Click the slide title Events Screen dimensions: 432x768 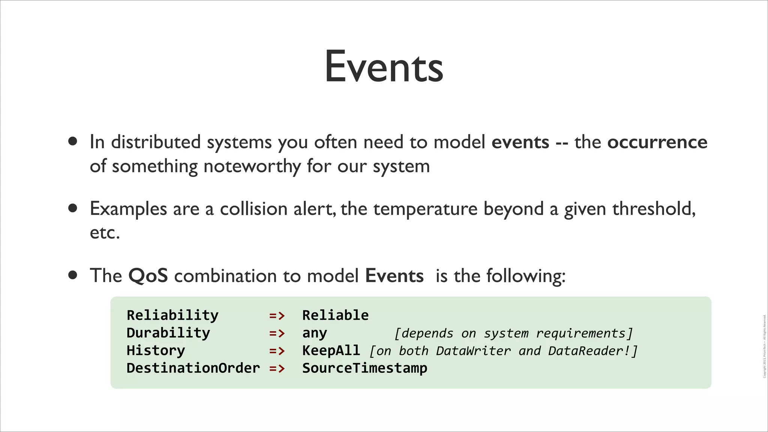point(384,67)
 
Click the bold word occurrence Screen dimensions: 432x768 point(657,142)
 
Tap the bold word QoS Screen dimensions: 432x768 point(148,276)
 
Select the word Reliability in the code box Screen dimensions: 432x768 point(172,315)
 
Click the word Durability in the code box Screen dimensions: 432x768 point(168,333)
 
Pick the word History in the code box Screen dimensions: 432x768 point(156,351)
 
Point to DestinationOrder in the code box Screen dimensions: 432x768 point(193,368)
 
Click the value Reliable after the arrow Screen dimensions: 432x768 point(335,315)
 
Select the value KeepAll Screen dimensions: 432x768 point(331,351)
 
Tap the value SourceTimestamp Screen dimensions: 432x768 point(364,368)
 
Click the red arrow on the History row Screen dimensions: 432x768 point(277,351)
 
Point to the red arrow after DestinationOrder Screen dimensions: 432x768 point(277,369)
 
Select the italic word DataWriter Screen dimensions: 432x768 point(473,351)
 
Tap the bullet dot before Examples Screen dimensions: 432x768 point(73,208)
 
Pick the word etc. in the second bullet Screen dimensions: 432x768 point(105,233)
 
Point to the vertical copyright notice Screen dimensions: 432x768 point(764,346)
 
